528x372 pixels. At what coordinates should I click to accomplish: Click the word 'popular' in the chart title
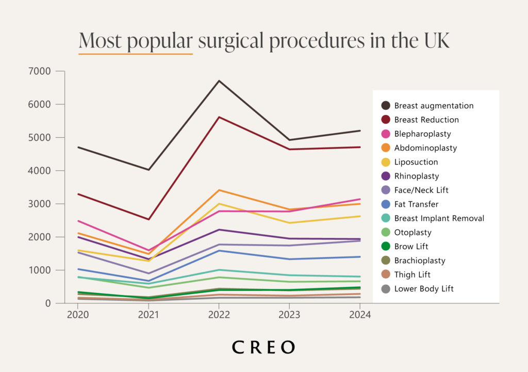[x=160, y=41]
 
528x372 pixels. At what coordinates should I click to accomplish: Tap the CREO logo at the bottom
[x=263, y=347]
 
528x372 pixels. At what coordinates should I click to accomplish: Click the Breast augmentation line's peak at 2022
[x=219, y=81]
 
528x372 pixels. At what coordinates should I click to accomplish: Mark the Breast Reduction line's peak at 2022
[x=219, y=117]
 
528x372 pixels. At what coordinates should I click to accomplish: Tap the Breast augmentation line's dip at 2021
[x=148, y=170]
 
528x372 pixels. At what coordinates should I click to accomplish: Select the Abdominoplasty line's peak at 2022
[x=219, y=190]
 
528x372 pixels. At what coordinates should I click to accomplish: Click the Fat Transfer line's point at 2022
[x=219, y=251]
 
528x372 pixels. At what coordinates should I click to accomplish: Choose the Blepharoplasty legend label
[x=422, y=134]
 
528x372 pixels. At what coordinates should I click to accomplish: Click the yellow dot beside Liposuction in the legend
[x=385, y=162]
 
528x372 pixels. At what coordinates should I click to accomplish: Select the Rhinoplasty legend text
[x=417, y=176]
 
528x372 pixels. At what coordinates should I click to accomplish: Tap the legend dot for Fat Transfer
[x=385, y=204]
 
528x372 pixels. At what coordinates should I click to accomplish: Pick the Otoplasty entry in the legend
[x=412, y=233]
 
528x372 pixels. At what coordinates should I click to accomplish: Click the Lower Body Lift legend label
[x=424, y=289]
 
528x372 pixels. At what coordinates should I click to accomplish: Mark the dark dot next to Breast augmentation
[x=385, y=106]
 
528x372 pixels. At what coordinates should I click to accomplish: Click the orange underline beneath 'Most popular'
[x=136, y=54]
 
